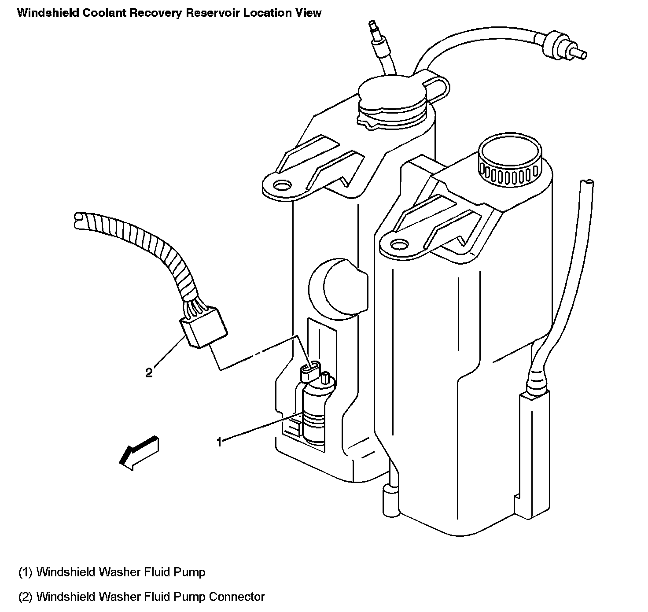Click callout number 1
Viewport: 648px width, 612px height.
(x=219, y=442)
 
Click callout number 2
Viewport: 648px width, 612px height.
(x=149, y=373)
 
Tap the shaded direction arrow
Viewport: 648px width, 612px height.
(x=139, y=453)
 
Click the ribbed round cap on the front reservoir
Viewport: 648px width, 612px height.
(x=509, y=161)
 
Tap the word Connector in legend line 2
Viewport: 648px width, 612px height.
(x=236, y=597)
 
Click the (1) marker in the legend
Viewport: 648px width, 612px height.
(x=26, y=572)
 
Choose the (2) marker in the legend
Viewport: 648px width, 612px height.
(x=26, y=597)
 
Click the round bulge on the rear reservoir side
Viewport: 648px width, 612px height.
(x=339, y=287)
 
